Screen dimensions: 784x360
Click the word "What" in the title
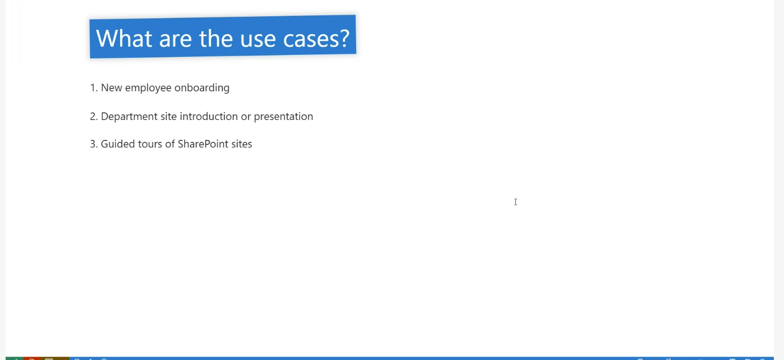click(124, 38)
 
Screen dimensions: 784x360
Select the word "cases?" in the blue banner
click(316, 39)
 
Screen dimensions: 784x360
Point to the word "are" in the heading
click(176, 39)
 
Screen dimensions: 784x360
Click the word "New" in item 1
click(111, 87)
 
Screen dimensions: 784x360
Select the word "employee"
click(148, 88)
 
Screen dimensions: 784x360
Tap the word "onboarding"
click(202, 88)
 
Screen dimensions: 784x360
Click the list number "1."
click(94, 87)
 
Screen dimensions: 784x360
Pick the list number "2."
click(94, 116)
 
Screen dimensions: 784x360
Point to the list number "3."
click(94, 144)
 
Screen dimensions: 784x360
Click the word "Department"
click(129, 116)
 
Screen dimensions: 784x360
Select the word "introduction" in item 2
click(209, 116)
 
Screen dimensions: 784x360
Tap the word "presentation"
click(283, 116)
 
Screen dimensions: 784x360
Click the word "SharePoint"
click(203, 144)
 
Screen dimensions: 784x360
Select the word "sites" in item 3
click(242, 144)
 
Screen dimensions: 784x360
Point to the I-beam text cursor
click(515, 202)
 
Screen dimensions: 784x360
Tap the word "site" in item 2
click(169, 116)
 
